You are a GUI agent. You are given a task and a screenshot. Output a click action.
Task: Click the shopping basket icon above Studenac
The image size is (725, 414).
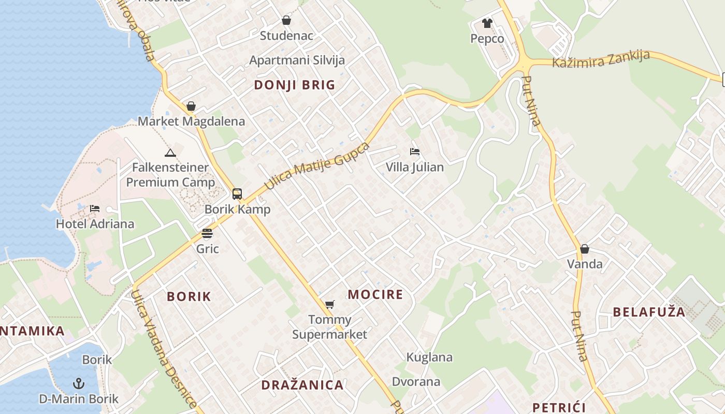click(286, 21)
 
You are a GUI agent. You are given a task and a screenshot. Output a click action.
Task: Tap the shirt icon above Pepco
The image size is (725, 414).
click(487, 23)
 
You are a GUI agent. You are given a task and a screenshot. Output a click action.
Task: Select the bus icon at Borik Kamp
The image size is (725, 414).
click(237, 194)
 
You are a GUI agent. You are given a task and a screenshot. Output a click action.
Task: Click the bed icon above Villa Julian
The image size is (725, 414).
click(414, 152)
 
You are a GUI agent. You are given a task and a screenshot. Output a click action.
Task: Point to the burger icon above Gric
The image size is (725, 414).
click(207, 233)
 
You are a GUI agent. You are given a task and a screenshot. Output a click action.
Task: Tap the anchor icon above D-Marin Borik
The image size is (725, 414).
click(79, 383)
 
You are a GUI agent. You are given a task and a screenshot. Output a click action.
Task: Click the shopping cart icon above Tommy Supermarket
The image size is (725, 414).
click(329, 304)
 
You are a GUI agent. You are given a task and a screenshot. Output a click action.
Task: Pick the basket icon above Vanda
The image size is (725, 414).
click(585, 249)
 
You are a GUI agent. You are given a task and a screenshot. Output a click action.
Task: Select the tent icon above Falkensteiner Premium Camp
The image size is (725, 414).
click(170, 153)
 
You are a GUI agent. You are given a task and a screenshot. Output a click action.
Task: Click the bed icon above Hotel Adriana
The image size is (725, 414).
click(95, 209)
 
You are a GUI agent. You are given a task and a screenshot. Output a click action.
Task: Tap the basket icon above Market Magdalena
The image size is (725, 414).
click(191, 107)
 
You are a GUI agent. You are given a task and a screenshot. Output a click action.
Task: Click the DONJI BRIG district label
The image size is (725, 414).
click(295, 85)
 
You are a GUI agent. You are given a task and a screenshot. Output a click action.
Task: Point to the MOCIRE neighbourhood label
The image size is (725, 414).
click(375, 295)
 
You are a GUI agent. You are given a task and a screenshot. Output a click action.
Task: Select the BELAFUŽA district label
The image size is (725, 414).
click(649, 312)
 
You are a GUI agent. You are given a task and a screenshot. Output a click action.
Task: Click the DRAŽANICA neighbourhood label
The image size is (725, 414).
click(302, 385)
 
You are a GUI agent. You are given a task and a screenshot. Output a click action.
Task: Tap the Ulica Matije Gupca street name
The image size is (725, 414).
click(317, 166)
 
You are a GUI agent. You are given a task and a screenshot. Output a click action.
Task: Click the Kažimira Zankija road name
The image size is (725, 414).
click(601, 58)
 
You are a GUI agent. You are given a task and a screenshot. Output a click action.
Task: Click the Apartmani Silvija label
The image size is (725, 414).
click(297, 60)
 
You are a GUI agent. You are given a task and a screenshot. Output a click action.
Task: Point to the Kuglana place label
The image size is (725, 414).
click(429, 357)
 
